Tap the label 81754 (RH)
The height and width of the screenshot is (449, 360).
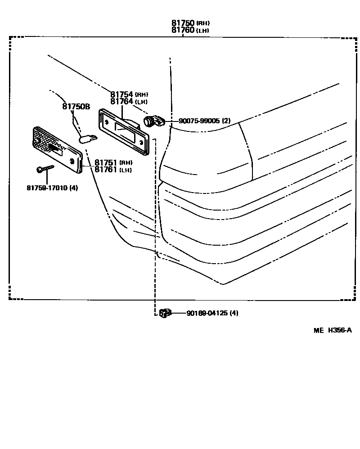129,94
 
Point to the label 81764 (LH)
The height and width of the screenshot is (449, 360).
129,102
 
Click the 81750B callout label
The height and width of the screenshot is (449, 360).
76,107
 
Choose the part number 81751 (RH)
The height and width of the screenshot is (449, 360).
113,162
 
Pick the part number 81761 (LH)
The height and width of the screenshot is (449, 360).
113,170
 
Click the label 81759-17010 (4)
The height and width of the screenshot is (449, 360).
52,188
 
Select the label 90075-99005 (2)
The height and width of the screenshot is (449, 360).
204,121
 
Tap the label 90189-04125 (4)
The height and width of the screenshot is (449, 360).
212,313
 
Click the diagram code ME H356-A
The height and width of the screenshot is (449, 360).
332,330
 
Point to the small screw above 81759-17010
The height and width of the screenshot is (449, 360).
44,169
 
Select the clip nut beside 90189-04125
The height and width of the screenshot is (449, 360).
165,313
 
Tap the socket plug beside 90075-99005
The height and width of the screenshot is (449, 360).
154,121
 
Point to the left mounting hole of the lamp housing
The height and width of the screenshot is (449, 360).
106,121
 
